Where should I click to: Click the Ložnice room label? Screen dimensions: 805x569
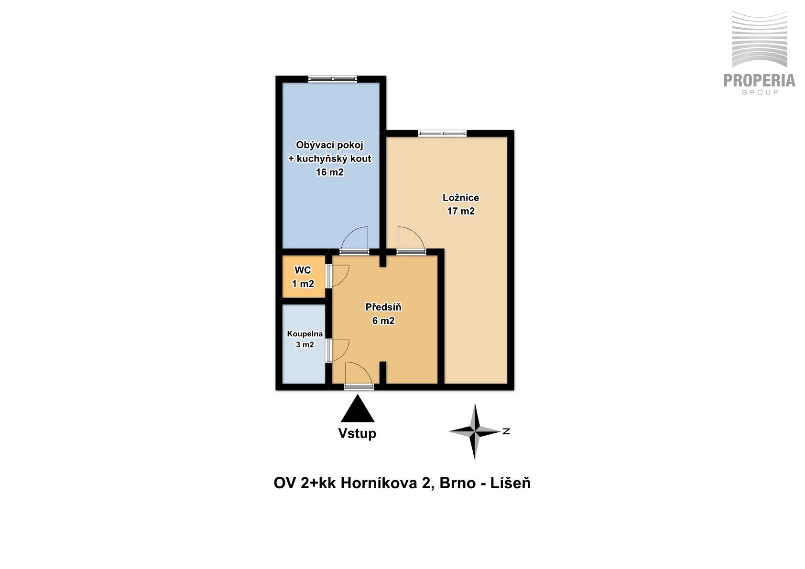pyautogui.click(x=460, y=198)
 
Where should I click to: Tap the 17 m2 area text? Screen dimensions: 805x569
pyautogui.click(x=461, y=211)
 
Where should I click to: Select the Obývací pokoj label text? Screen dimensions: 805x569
pyautogui.click(x=329, y=145)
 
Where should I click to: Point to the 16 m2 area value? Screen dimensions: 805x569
pyautogui.click(x=329, y=172)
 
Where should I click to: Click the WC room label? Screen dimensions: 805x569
pyautogui.click(x=303, y=270)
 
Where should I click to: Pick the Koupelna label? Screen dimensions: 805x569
pyautogui.click(x=305, y=334)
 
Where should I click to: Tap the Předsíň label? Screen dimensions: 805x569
pyautogui.click(x=383, y=307)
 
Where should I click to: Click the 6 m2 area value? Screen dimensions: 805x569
pyautogui.click(x=383, y=321)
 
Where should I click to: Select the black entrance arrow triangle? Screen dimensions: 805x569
pyautogui.click(x=358, y=408)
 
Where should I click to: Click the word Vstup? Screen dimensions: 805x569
pyautogui.click(x=357, y=433)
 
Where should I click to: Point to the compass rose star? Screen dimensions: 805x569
pyautogui.click(x=475, y=431)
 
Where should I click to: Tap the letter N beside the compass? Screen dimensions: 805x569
pyautogui.click(x=506, y=431)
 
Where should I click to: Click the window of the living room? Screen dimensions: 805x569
pyautogui.click(x=332, y=79)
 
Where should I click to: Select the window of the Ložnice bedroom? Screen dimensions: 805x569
pyautogui.click(x=442, y=134)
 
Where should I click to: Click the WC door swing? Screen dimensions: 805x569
pyautogui.click(x=338, y=276)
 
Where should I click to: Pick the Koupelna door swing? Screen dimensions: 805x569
pyautogui.click(x=338, y=350)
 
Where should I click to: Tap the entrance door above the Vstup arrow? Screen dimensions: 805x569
pyautogui.click(x=359, y=376)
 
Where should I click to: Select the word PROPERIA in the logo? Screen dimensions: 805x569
pyautogui.click(x=760, y=80)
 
